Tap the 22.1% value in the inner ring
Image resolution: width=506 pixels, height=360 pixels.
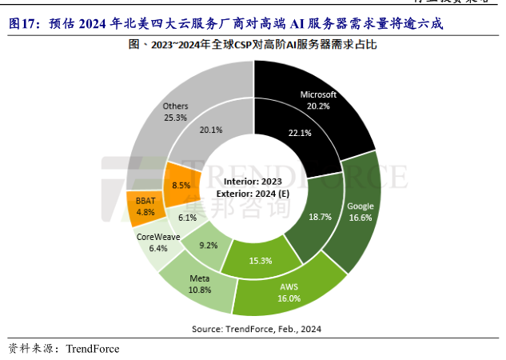point(298,133)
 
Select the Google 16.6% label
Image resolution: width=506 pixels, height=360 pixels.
point(361,211)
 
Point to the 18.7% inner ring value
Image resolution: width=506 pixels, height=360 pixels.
point(320,217)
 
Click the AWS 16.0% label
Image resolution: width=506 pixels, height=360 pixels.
point(289,292)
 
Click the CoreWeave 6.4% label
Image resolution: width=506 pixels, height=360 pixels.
point(157,242)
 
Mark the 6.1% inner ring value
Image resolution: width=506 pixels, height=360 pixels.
point(187,218)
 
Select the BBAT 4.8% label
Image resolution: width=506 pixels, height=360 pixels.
point(145,207)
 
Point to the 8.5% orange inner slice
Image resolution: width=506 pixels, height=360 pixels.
point(181,185)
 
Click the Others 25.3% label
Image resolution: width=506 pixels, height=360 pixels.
point(174,111)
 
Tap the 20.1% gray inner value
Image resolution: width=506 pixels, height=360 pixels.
point(211,130)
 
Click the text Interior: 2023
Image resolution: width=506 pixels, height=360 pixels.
point(253,182)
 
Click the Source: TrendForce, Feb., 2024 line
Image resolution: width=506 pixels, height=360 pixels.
point(256,329)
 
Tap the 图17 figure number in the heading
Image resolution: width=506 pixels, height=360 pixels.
point(24,24)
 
